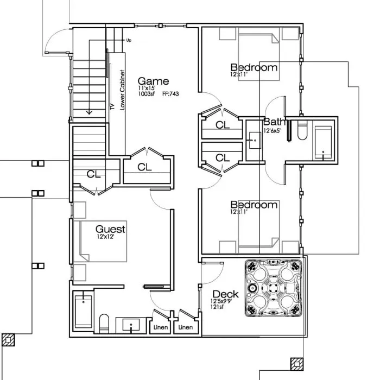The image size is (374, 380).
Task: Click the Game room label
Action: [153, 81]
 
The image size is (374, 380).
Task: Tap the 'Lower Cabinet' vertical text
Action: [123, 90]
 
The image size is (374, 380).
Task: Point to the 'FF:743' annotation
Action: [170, 94]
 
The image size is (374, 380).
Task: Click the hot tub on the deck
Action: [272, 288]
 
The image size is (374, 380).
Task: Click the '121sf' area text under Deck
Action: [218, 307]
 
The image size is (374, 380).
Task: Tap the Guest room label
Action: [110, 229]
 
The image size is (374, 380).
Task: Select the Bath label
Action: [274, 122]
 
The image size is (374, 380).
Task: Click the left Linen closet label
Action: [160, 327]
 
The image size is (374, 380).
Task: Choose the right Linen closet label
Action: [186, 327]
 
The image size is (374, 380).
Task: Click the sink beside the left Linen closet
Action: [131, 326]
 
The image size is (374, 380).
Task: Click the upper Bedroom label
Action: [253, 68]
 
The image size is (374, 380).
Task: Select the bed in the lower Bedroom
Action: [259, 231]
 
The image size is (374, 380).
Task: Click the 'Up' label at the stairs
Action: [129, 40]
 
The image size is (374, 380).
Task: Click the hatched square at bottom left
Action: [8, 340]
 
